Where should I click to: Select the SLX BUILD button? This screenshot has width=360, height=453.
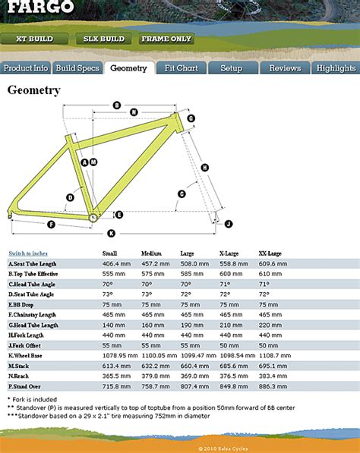104,39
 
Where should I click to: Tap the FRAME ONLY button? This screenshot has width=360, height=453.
166,39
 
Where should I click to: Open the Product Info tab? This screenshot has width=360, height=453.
26,68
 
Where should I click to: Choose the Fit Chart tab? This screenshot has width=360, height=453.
181,68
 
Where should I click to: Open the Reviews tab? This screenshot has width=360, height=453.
285,68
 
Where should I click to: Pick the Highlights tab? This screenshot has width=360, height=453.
336,68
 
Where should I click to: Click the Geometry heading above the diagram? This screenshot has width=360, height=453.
33,91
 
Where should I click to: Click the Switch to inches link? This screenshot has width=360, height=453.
28,253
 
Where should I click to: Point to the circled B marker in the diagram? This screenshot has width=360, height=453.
117,105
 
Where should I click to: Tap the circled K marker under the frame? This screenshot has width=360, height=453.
111,233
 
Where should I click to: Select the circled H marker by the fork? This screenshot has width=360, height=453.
205,167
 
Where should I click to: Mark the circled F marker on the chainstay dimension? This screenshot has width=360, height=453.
51,225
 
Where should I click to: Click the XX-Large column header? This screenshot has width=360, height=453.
270,253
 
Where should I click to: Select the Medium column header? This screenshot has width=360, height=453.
152,253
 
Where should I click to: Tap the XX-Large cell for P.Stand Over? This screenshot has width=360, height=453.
271,385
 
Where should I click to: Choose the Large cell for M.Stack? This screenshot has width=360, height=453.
193,365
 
